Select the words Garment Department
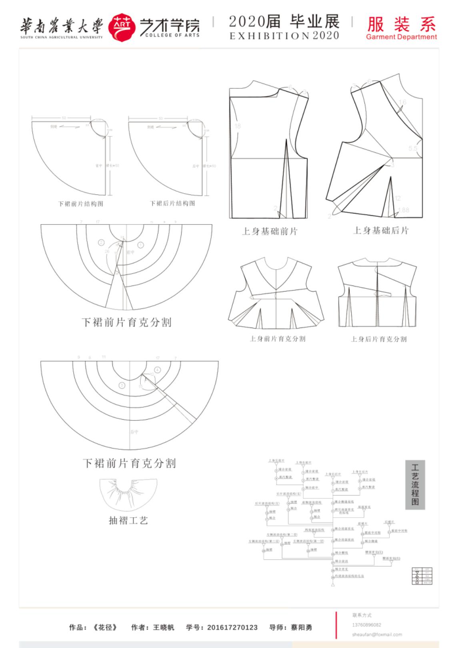(401, 37)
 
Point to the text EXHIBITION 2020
(284, 36)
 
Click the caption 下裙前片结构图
(81, 204)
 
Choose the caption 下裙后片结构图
(173, 204)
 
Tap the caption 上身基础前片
(270, 232)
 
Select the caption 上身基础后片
(381, 231)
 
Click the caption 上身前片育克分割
(278, 339)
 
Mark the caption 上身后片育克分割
(379, 339)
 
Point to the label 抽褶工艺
(128, 520)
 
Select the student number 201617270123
(232, 628)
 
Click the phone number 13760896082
(366, 625)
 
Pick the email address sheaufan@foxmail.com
(377, 634)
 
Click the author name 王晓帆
(164, 628)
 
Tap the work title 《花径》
(104, 628)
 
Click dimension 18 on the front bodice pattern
(238, 126)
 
